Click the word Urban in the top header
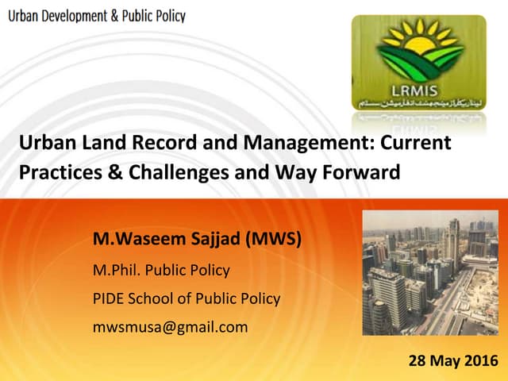(25, 16)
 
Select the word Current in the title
(417, 144)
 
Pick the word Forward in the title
(366, 171)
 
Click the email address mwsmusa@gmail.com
(170, 326)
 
